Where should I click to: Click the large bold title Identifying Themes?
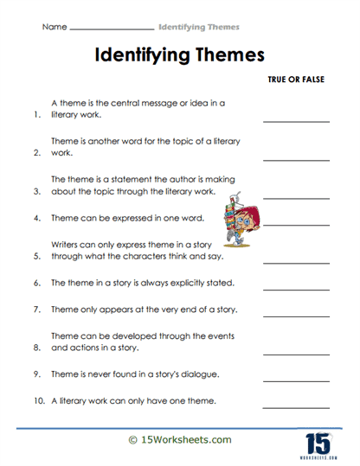(x=179, y=56)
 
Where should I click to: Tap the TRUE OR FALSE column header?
(x=296, y=78)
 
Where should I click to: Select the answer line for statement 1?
(x=296, y=120)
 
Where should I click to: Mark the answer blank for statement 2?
(x=296, y=158)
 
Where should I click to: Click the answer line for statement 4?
(x=296, y=219)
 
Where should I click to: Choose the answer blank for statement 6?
(x=296, y=283)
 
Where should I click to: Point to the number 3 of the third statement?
(x=37, y=193)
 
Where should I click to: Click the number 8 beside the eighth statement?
(x=37, y=349)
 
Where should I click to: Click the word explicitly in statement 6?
(x=190, y=283)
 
